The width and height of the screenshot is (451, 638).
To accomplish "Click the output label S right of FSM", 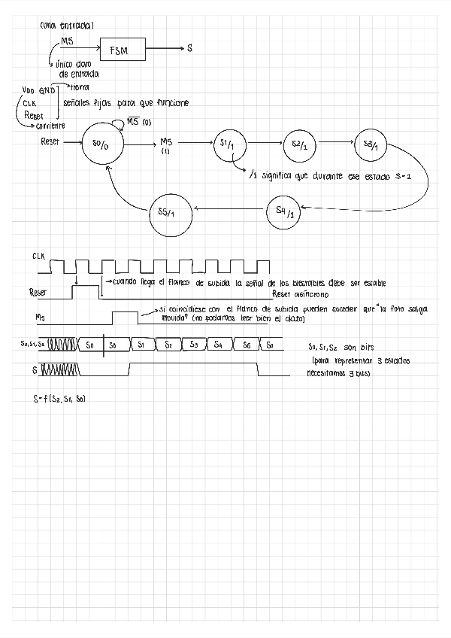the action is [x=189, y=49].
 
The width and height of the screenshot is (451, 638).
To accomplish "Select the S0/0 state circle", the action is [x=100, y=146].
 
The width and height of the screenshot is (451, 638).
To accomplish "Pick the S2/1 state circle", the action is [x=298, y=146].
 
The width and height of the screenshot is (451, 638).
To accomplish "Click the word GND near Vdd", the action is [x=48, y=91].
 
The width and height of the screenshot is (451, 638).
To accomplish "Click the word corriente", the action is [x=47, y=126].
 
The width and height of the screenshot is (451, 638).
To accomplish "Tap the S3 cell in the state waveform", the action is [x=194, y=345].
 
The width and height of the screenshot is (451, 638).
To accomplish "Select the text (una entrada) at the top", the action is [x=66, y=26].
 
